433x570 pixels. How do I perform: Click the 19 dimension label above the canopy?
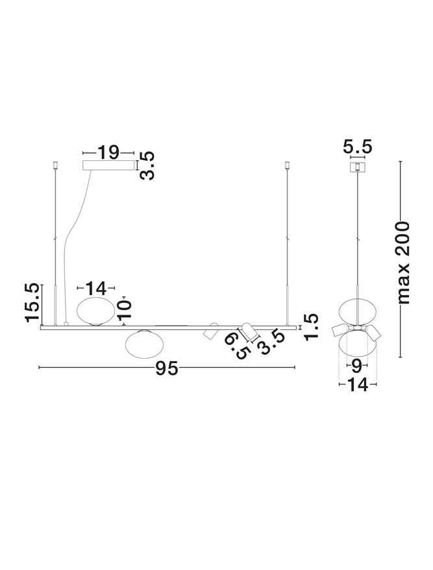point(108,152)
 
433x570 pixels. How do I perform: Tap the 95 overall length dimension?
point(167,368)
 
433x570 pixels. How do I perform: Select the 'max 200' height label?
point(403,263)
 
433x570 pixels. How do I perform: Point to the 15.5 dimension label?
point(32,303)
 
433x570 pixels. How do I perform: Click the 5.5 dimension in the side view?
point(358,147)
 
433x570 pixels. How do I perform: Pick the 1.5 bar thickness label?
point(312,327)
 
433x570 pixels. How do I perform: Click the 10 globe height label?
point(125,310)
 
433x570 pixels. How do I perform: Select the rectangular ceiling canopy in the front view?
point(108,165)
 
